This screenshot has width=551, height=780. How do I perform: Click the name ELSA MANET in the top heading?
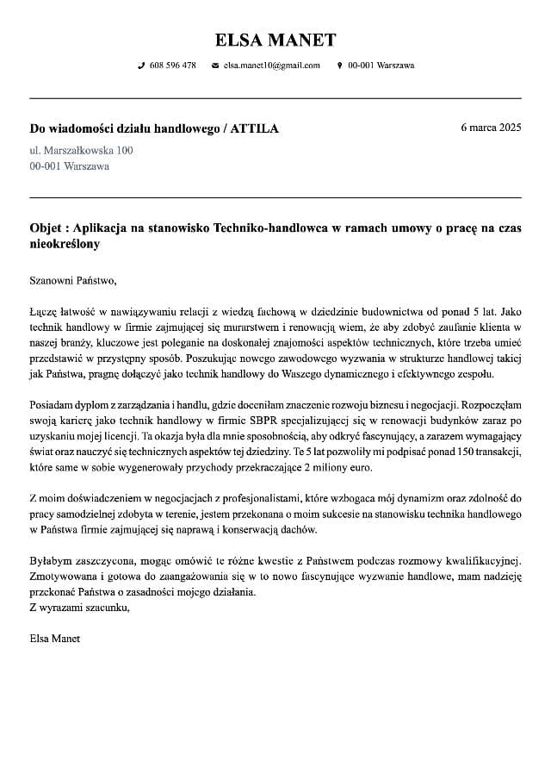[275, 40]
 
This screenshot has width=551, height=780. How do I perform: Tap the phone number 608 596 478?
[172, 66]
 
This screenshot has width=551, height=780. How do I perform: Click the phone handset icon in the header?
[141, 66]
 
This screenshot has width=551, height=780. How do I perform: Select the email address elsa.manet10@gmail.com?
[271, 66]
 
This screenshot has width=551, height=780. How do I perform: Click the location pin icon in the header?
[339, 66]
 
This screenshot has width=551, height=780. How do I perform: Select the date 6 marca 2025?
[491, 128]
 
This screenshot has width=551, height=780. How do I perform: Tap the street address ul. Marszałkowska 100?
[82, 150]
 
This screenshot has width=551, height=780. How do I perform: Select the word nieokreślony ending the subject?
[65, 244]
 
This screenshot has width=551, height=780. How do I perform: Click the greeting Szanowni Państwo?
[72, 279]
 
